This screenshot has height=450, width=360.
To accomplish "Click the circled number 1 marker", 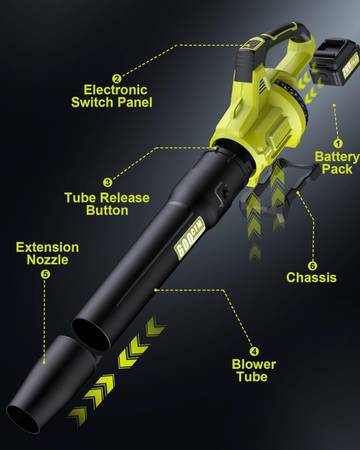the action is pos(338,143).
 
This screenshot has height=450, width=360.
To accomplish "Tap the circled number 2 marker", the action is pos(116,79).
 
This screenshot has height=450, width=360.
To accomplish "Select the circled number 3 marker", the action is pos(107,182).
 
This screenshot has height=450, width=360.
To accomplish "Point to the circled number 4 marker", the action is pos(254,351).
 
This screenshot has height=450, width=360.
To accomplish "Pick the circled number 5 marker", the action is pos(45,274).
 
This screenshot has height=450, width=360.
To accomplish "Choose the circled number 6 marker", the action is pos(312,266).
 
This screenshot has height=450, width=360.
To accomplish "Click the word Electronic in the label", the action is pos(115,90).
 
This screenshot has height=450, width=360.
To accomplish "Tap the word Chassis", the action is pos(311,278).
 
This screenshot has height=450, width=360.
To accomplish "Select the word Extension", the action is pos(47,247).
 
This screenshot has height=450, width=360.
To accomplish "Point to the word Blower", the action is pos(254,364).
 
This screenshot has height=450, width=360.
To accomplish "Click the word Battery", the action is pos(337,157).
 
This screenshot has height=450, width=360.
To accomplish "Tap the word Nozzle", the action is pos(47,260).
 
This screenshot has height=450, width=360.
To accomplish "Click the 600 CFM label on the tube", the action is pos(189,238).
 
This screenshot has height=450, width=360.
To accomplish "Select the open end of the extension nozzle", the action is pos(23,419).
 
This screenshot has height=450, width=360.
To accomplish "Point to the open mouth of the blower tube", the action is pos(92,334).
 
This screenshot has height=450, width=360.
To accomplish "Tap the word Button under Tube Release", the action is pos(107,210).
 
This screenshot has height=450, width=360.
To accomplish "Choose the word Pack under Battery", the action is pos(337,169).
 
